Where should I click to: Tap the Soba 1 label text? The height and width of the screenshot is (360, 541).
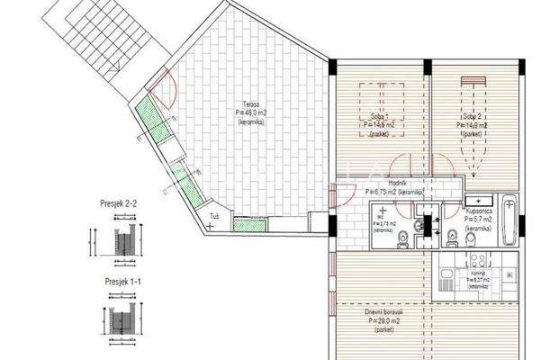coord(379,118)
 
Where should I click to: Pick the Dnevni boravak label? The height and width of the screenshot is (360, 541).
coord(386,310)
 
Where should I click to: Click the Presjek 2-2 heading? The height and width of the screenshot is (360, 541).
coord(119,205)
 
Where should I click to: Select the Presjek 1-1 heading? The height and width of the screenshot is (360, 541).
coord(119,282)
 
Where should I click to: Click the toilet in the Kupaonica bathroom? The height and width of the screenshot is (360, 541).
coord(451,238)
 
